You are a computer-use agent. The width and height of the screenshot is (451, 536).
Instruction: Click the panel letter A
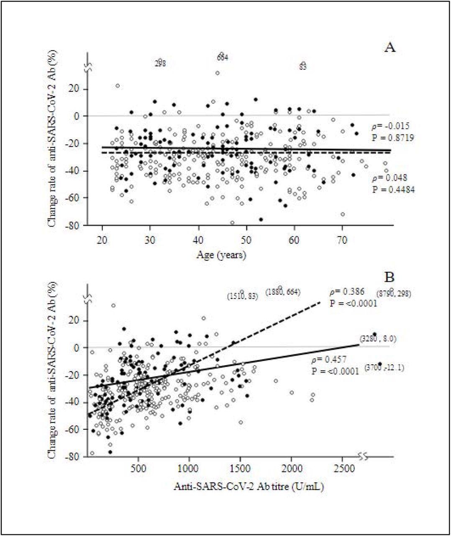point(390,47)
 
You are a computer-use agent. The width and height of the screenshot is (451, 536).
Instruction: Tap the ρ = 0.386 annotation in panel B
point(347,291)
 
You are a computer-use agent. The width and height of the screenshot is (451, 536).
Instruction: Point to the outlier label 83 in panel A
point(303,67)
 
